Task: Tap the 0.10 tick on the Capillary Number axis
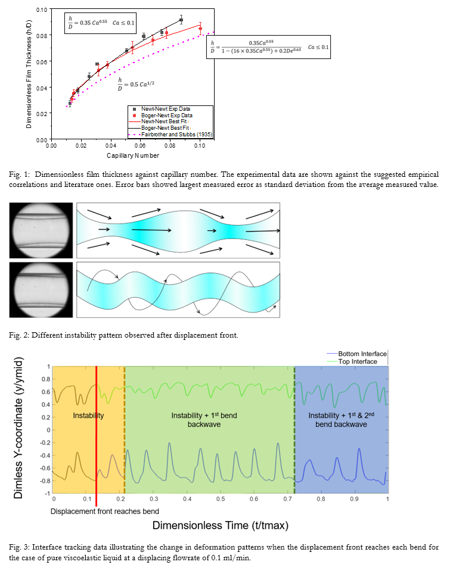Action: (199, 145)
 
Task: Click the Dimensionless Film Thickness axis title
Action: (29, 74)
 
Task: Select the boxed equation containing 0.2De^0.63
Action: (270, 47)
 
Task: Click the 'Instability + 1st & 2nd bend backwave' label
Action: (342, 420)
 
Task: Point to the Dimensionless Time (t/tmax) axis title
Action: (221, 525)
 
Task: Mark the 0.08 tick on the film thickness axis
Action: (41, 36)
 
